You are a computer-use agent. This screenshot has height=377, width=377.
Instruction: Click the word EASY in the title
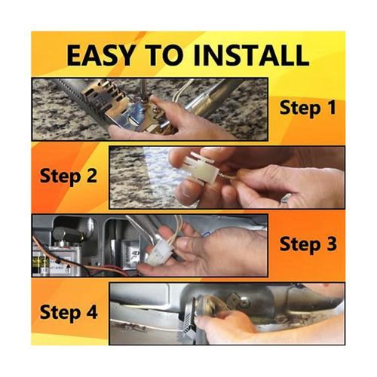click(100, 55)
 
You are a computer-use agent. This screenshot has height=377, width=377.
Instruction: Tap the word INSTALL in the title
click(251, 55)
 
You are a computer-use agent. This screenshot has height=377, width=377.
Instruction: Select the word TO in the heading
click(164, 55)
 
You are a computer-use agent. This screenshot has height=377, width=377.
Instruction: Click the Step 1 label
click(308, 108)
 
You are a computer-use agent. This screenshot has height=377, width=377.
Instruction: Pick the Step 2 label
click(69, 176)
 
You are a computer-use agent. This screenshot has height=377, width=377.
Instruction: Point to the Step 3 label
click(308, 244)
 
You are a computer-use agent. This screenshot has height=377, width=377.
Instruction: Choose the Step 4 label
click(69, 312)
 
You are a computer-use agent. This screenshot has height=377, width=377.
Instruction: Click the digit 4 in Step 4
click(91, 311)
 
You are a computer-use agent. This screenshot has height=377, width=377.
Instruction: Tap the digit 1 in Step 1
click(332, 107)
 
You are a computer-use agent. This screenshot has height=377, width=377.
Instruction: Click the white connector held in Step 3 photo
click(158, 254)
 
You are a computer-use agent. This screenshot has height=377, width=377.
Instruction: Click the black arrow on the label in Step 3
click(67, 271)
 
